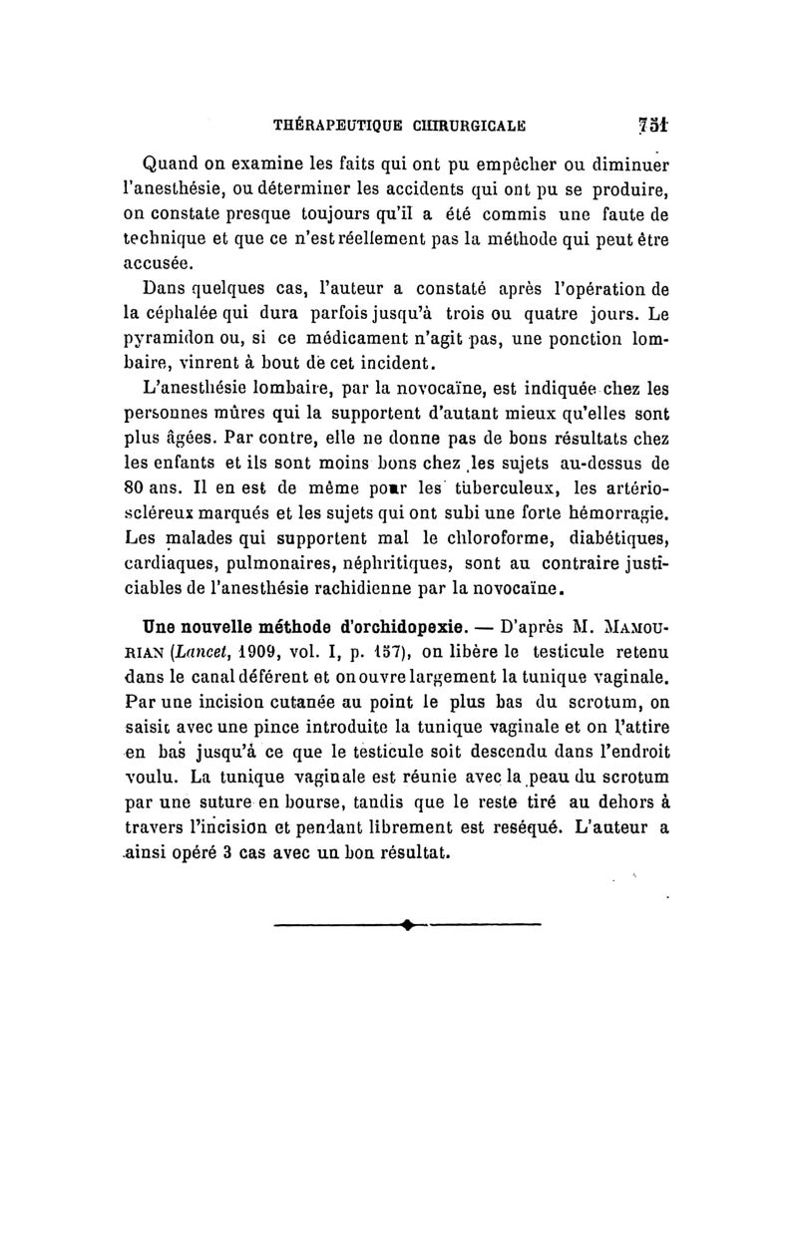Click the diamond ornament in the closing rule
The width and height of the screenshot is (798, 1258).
tap(409, 926)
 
